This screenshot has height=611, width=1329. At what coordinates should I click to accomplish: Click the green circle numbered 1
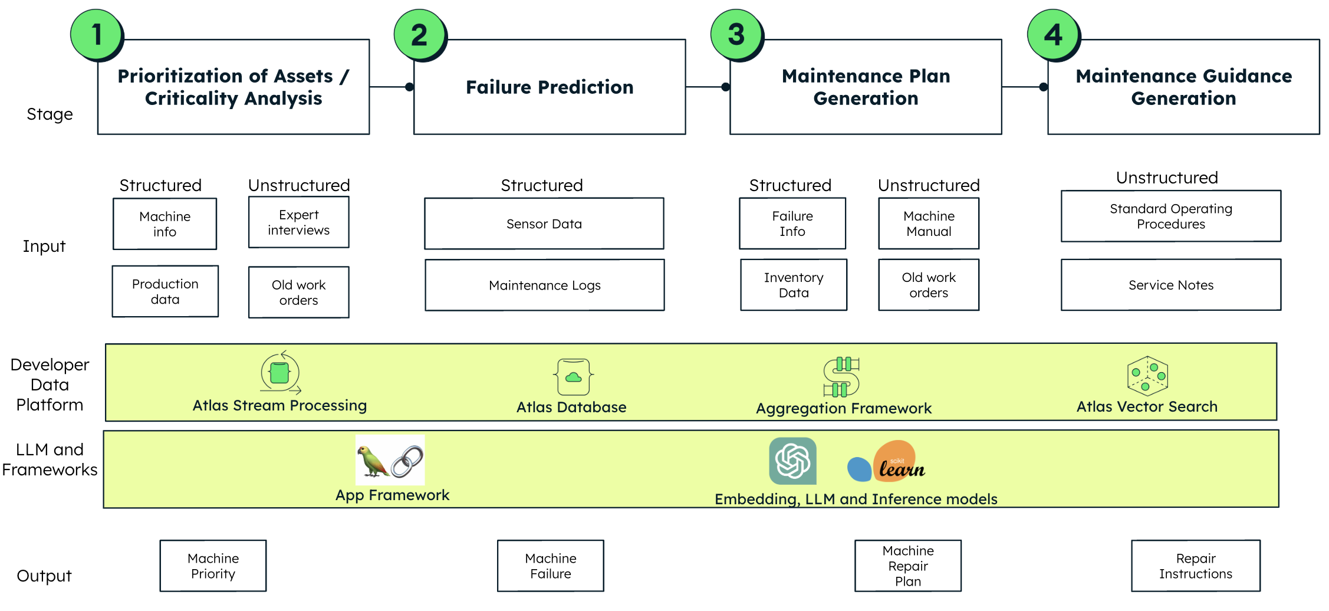click(97, 34)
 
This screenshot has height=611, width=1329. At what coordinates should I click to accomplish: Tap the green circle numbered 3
click(736, 34)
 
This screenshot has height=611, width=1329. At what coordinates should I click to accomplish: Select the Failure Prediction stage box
click(550, 87)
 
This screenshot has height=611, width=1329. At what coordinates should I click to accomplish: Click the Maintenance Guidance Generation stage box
click(1183, 87)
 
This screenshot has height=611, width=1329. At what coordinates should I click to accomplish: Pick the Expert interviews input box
click(299, 222)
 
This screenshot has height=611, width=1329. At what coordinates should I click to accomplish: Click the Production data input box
click(165, 291)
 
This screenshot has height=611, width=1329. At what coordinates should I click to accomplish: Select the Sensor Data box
click(544, 224)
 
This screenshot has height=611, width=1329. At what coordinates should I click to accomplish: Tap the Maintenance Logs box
click(544, 285)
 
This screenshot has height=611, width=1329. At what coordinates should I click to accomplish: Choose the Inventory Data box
click(794, 285)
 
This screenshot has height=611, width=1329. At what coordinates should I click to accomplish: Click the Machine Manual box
click(929, 224)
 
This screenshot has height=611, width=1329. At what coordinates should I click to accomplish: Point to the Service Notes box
click(1171, 285)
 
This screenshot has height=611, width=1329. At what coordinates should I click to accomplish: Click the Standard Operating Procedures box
click(1171, 216)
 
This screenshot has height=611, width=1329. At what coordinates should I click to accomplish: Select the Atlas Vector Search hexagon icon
click(1147, 376)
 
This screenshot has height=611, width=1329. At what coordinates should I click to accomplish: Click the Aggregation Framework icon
click(842, 376)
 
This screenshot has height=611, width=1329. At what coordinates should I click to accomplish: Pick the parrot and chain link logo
click(390, 461)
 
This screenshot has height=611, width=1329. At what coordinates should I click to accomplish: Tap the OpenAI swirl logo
click(792, 461)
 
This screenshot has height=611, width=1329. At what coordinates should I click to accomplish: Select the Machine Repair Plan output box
click(908, 566)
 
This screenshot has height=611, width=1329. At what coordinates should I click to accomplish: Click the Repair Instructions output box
click(1196, 566)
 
